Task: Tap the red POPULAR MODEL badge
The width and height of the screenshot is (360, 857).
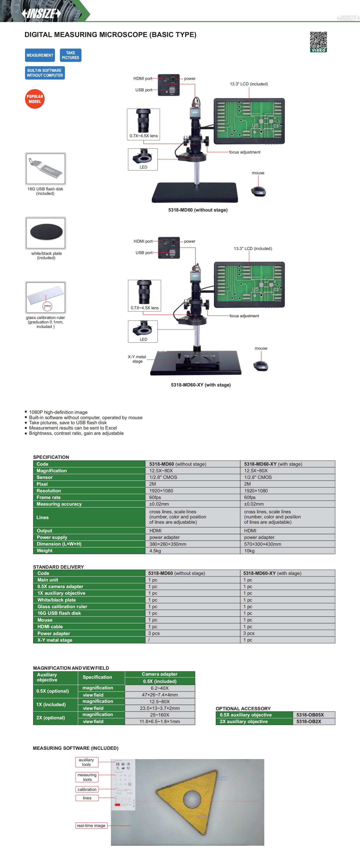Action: coord(35,99)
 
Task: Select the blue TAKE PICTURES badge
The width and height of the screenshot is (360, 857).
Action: coord(71,55)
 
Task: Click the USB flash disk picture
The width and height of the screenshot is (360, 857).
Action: coord(46,169)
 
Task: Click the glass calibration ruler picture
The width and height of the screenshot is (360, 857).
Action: coord(46,297)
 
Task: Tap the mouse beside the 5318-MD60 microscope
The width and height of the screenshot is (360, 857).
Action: coord(259,191)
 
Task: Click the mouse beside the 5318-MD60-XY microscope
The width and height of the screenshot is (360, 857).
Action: coord(261,366)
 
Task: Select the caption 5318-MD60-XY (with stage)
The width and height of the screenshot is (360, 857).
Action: coord(201,385)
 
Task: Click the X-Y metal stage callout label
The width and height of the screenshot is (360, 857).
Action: coord(137,359)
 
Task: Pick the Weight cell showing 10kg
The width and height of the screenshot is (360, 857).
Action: coord(249,551)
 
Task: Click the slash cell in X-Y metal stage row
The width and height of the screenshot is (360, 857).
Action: coord(149,640)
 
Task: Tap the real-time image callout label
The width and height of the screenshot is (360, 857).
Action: coord(91,825)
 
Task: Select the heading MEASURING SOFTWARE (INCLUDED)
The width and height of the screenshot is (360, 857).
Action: coord(75,748)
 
